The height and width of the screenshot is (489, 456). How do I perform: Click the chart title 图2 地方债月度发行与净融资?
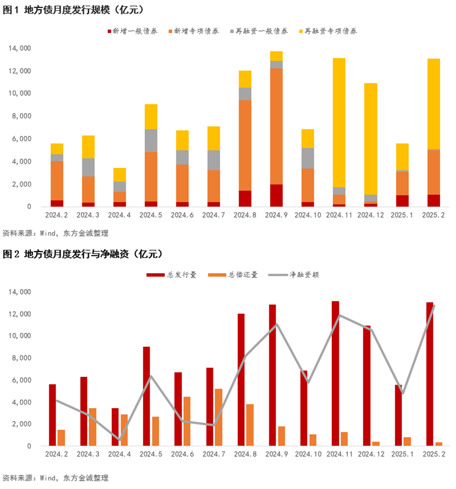pyautogui.click(x=82, y=254)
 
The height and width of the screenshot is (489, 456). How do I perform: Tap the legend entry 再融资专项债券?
pyautogui.click(x=330, y=31)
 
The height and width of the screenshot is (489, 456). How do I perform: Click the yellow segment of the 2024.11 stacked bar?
pyautogui.click(x=339, y=122)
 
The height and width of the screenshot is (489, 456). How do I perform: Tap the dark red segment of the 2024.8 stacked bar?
pyautogui.click(x=245, y=199)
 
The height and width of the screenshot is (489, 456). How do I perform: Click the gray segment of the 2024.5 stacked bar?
pyautogui.click(x=151, y=141)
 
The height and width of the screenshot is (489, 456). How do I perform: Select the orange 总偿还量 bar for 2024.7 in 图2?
pyautogui.click(x=218, y=417)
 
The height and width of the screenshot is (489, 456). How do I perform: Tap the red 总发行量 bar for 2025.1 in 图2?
pyautogui.click(x=398, y=415)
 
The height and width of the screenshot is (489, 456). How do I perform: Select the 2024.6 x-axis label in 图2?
pyautogui.click(x=182, y=454)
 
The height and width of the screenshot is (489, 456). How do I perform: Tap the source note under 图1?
pyautogui.click(x=55, y=234)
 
